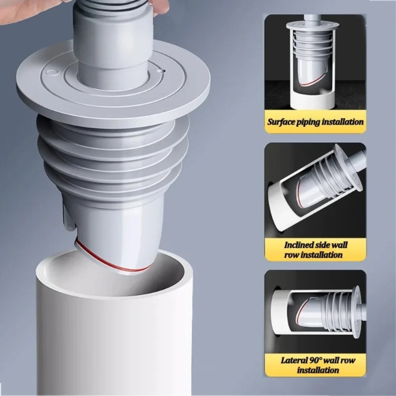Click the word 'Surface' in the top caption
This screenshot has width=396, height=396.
pyautogui.click(x=281, y=122)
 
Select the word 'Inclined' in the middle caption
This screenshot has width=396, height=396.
pyautogui.click(x=300, y=245)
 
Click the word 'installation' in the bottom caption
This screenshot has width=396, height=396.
pyautogui.click(x=318, y=370)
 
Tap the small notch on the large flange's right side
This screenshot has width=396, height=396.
pyautogui.click(x=160, y=70)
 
